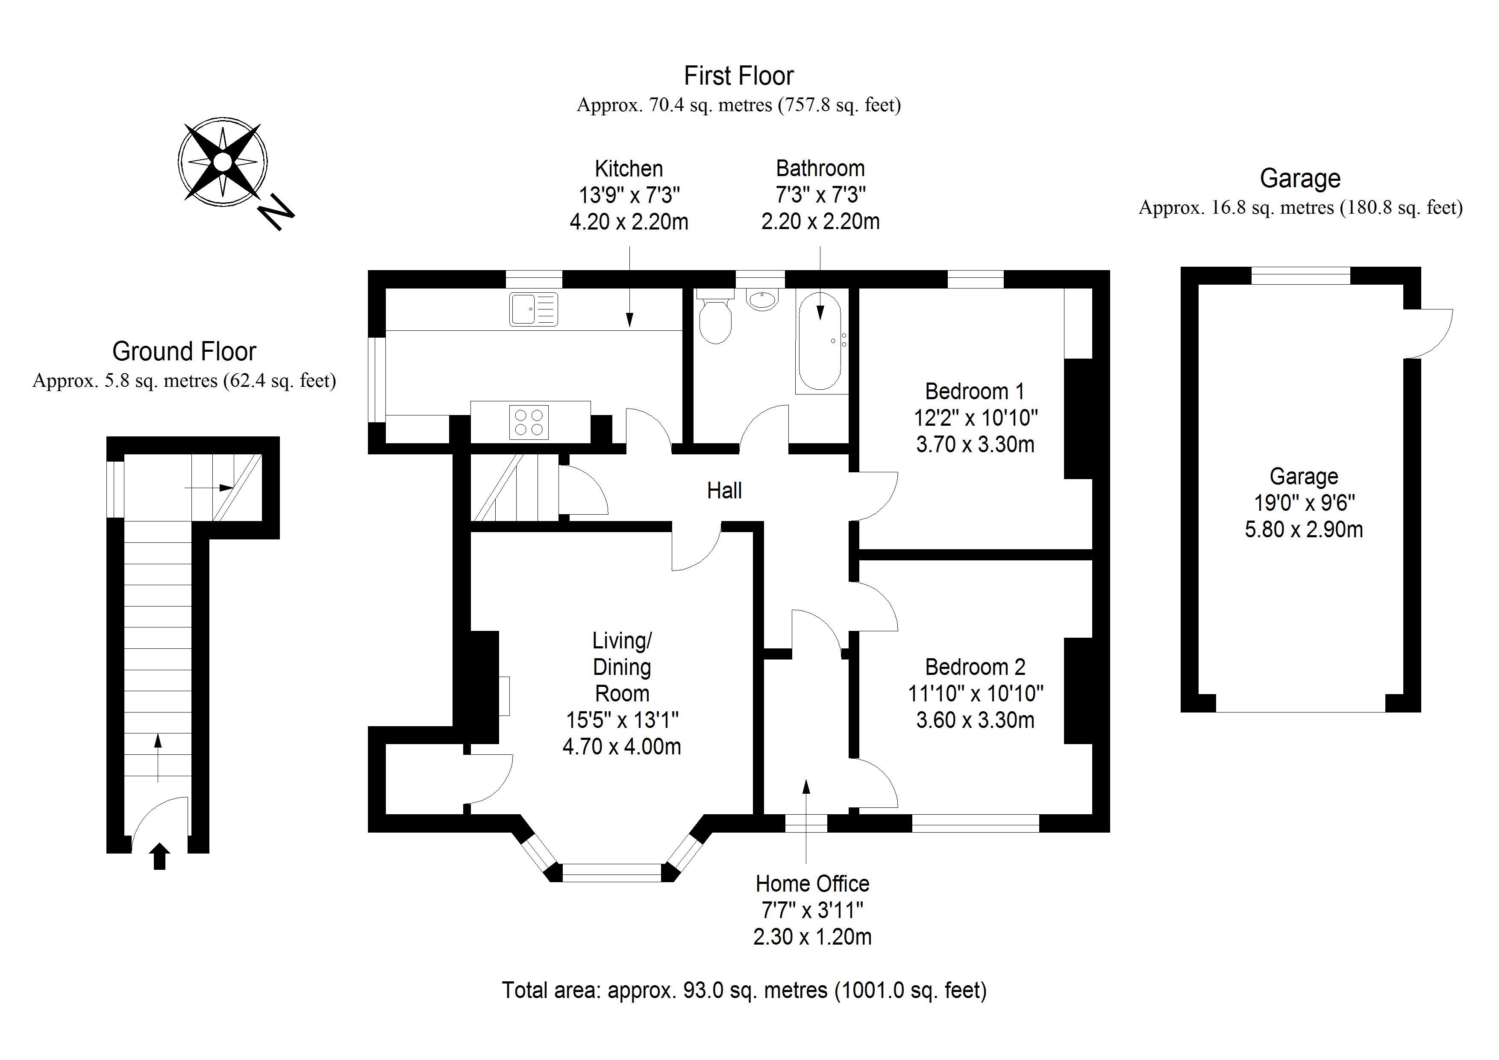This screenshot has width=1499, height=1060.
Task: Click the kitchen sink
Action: pyautogui.click(x=533, y=309)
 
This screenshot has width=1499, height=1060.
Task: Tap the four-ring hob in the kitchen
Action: pyautogui.click(x=529, y=422)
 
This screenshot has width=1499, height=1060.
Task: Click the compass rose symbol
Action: pyautogui.click(x=223, y=161)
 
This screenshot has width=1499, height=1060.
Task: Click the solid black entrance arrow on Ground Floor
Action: pyautogui.click(x=160, y=856)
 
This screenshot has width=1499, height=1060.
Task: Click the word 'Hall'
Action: pyautogui.click(x=724, y=491)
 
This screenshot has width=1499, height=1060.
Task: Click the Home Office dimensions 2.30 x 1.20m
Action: pyautogui.click(x=812, y=937)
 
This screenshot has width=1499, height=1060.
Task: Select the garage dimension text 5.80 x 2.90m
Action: pyautogui.click(x=1303, y=529)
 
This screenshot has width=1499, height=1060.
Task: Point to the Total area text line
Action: pyautogui.click(x=744, y=990)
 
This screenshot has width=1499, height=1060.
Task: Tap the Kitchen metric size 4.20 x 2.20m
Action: pyautogui.click(x=629, y=222)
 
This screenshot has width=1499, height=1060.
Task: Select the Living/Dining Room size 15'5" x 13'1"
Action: pyautogui.click(x=622, y=720)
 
